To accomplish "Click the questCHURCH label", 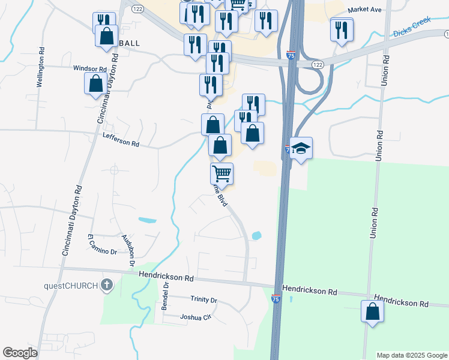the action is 70,285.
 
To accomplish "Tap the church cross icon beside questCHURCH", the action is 107,284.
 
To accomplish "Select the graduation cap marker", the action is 301,148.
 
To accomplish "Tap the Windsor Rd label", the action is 89,69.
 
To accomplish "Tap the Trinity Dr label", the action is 203,299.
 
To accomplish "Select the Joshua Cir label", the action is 196,317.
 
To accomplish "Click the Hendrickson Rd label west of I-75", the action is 166,278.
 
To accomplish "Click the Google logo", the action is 19,353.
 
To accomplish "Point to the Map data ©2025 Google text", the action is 411,355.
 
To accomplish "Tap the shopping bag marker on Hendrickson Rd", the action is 372,312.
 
